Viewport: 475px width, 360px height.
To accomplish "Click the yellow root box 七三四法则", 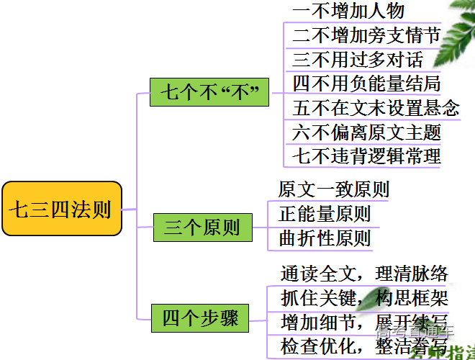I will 61,209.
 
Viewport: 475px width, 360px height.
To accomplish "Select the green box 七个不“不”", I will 209,92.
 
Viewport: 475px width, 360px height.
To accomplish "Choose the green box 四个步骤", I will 200,318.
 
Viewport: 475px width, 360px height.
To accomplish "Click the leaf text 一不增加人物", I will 348,11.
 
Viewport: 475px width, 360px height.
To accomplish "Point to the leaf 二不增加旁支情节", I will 366,35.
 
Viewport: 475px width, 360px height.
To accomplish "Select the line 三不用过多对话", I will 358,59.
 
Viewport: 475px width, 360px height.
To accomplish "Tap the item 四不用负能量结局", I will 366,84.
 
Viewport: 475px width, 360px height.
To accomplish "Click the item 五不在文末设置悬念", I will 376,108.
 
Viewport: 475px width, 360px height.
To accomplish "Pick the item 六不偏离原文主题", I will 366,132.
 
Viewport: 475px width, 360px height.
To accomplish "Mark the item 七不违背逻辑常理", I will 366,156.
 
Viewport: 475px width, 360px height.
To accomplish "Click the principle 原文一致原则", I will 333,189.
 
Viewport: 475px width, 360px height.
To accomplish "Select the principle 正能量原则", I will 325,213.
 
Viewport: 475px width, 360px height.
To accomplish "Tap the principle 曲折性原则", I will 325,238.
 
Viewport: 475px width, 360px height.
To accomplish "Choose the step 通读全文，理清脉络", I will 364,274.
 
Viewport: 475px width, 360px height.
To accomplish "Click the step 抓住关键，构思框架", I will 364,297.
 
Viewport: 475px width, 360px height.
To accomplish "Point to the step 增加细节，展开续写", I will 364,321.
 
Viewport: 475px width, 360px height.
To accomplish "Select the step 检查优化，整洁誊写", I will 364,346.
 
